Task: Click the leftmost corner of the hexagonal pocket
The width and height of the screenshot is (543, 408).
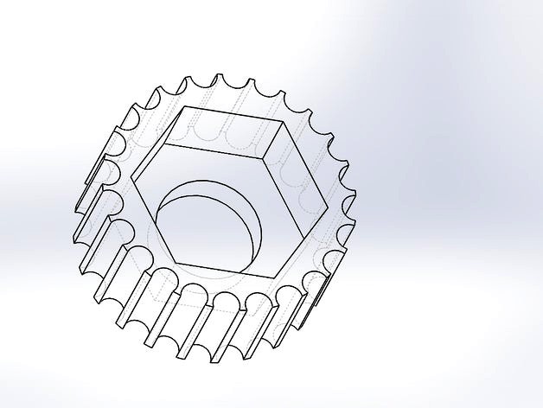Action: point(132,184)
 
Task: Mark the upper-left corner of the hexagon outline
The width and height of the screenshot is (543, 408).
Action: point(184,106)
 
